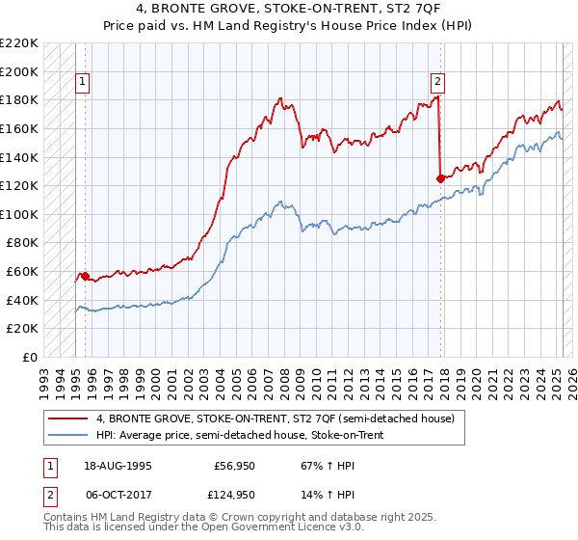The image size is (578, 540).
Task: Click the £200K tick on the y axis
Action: (20, 71)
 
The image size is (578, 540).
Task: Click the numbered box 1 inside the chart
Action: (84, 83)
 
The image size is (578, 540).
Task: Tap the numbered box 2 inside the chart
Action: (437, 83)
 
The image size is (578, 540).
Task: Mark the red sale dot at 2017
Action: (441, 178)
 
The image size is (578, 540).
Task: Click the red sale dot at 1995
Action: (85, 276)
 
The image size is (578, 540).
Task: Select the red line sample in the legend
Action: (68, 418)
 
